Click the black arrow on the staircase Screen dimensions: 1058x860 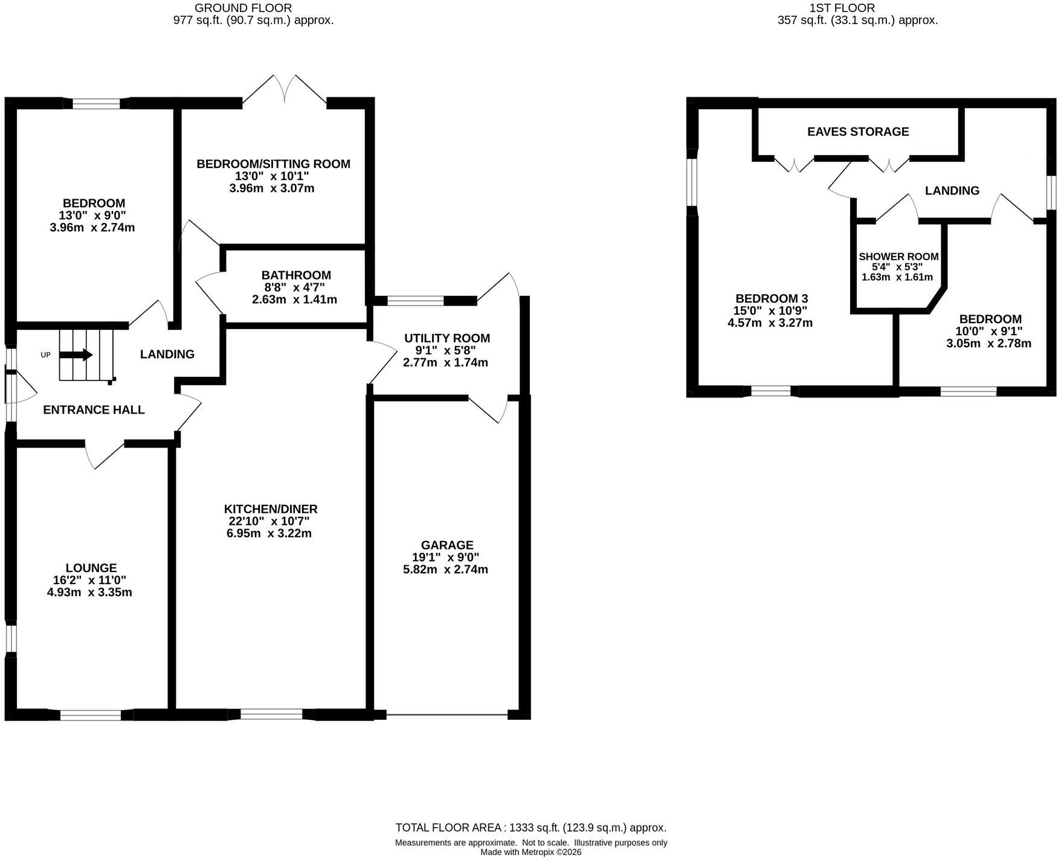(x=76, y=355)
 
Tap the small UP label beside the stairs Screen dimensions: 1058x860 (x=45, y=355)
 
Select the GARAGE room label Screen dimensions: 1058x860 (x=447, y=545)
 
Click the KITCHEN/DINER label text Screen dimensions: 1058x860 (x=271, y=509)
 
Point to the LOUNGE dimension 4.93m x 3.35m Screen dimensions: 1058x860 (x=89, y=592)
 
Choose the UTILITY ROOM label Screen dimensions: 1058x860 (x=447, y=338)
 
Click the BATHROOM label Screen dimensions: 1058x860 (x=296, y=275)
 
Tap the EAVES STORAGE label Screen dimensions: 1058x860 (x=858, y=132)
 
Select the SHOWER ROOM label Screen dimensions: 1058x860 (x=898, y=257)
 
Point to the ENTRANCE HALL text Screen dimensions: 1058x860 (x=94, y=410)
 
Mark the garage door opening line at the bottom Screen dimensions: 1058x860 (x=447, y=715)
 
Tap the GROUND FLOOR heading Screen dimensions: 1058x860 (x=244, y=8)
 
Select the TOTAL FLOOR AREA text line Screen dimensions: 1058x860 (x=531, y=827)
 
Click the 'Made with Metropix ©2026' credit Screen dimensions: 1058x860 (x=531, y=852)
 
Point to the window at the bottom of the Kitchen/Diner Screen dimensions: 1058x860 (x=271, y=714)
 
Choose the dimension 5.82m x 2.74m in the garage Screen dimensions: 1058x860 (x=445, y=570)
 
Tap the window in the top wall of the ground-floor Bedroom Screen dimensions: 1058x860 (x=96, y=103)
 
